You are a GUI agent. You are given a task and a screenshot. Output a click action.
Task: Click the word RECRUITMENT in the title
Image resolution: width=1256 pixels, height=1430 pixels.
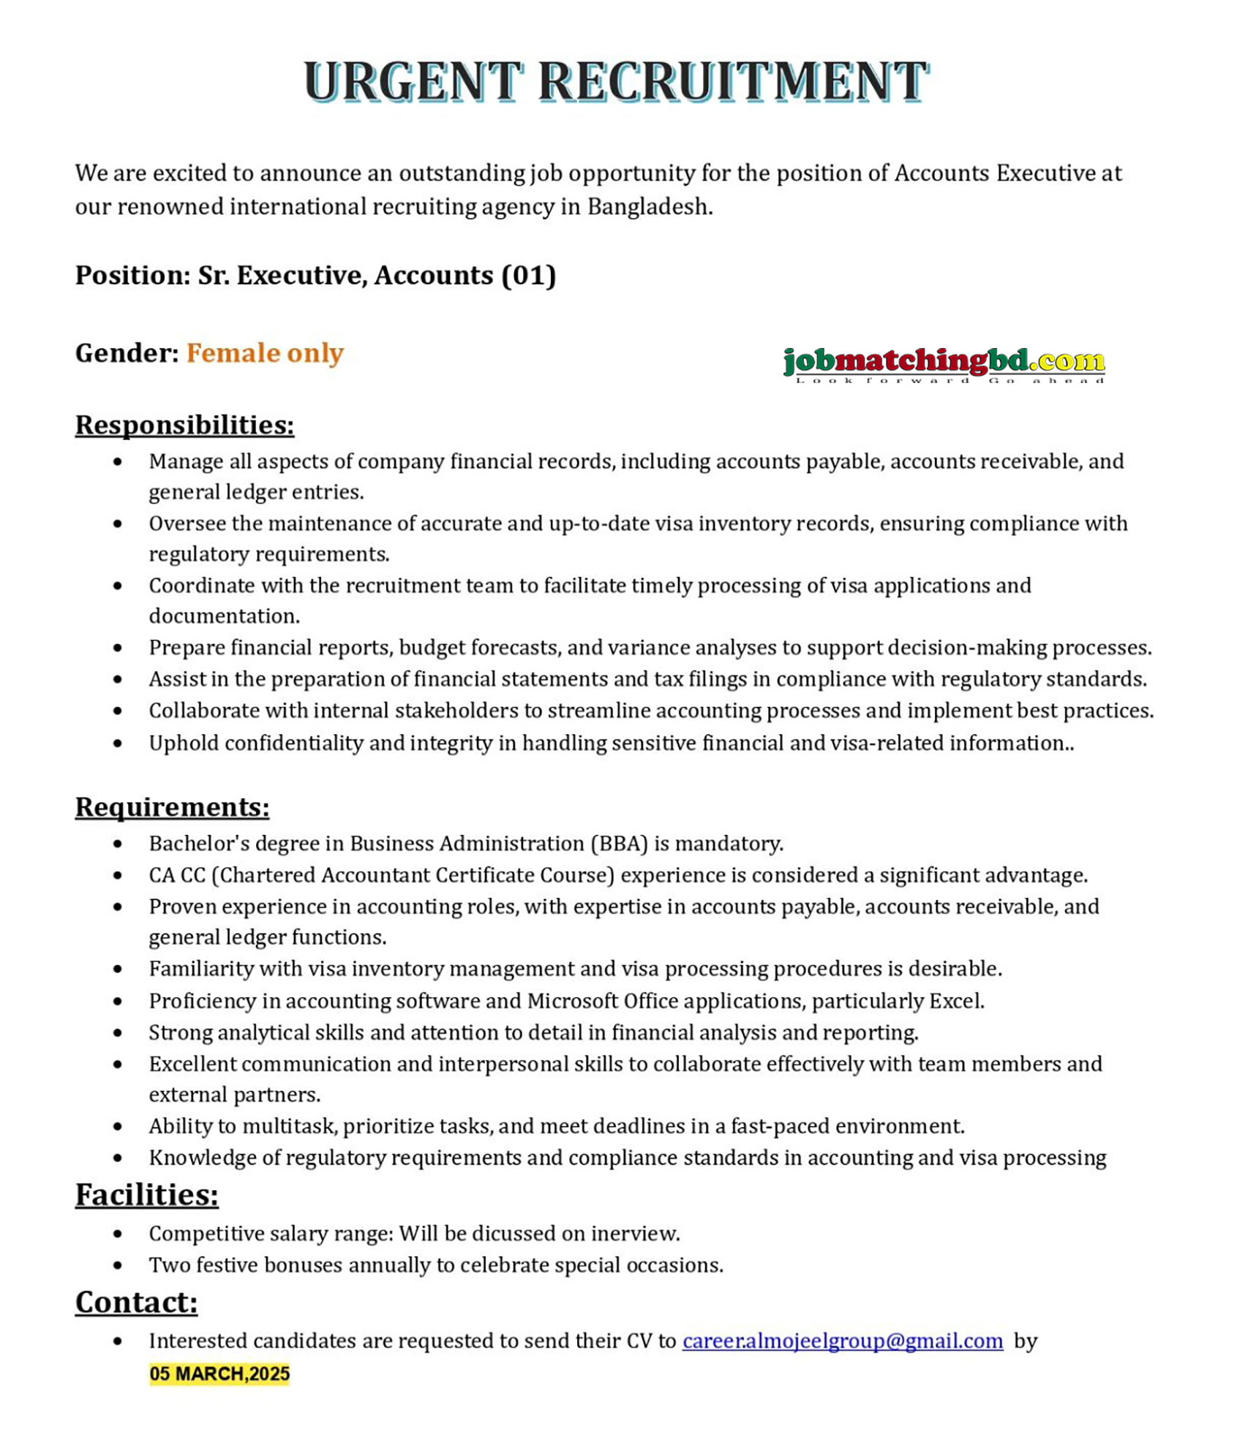click(x=732, y=81)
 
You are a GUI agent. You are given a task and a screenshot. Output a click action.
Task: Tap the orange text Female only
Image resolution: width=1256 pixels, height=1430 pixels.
click(x=264, y=353)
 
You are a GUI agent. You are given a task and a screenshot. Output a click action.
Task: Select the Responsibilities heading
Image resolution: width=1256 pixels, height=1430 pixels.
click(x=184, y=425)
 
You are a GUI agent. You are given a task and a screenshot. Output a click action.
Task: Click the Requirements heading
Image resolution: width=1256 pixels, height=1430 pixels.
click(x=172, y=806)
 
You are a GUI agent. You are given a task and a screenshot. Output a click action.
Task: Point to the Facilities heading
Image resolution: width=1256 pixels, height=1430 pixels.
click(x=146, y=1195)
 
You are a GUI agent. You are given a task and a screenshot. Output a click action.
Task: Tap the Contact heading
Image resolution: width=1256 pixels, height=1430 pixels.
click(x=136, y=1302)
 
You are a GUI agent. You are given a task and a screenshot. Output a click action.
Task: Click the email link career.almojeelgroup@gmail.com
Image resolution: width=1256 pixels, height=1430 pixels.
click(x=842, y=1341)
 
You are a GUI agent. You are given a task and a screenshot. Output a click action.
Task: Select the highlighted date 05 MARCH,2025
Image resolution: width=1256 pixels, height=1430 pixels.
click(x=219, y=1374)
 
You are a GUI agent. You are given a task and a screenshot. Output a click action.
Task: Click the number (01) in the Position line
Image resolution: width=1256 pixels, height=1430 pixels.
click(x=528, y=276)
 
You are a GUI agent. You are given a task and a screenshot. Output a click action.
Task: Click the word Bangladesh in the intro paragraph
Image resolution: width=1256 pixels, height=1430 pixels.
click(x=648, y=207)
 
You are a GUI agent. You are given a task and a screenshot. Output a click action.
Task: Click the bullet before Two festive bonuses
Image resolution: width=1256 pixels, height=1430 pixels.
click(x=118, y=1266)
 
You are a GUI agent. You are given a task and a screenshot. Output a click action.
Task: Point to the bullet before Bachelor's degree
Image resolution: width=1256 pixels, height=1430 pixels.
click(x=118, y=844)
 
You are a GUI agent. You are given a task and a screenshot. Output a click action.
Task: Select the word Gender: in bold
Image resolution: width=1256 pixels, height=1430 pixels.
click(x=127, y=353)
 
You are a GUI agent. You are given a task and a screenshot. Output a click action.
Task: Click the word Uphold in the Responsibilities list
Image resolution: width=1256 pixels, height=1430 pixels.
click(x=184, y=744)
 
